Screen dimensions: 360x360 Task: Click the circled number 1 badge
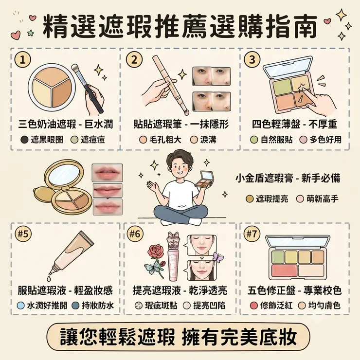(x=22, y=60)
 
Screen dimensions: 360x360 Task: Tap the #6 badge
(x=135, y=234)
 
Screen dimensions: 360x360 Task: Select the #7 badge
(x=252, y=234)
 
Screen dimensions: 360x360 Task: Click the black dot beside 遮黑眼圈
(x=24, y=140)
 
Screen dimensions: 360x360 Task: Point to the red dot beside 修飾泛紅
(x=253, y=306)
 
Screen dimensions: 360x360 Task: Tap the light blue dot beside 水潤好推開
(x=20, y=306)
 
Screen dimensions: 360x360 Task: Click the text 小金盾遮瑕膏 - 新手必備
(x=288, y=179)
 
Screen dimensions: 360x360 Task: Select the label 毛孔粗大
(x=165, y=140)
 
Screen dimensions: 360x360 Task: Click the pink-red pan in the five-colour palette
(x=284, y=271)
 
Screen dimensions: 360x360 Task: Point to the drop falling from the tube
(x=49, y=278)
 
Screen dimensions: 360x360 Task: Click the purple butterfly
(x=218, y=257)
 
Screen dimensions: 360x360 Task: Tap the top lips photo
(x=107, y=172)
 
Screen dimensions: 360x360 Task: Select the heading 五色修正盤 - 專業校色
(x=294, y=290)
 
